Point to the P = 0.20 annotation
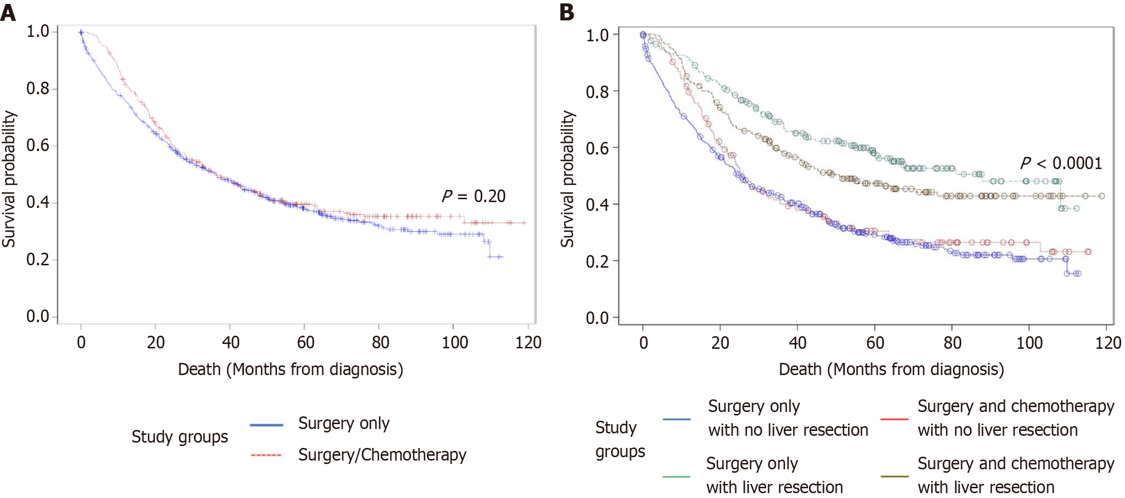tap(474, 196)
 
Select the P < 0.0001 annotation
tap(1061, 163)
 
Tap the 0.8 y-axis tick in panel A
tap(38, 88)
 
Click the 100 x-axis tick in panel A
tap(455, 343)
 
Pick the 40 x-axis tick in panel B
tap(797, 343)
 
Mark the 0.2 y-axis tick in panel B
tap(597, 261)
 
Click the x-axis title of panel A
tap(290, 370)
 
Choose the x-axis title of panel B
tap(891, 370)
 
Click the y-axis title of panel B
tap(567, 179)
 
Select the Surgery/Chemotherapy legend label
tap(382, 455)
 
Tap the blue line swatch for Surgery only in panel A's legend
tap(266, 425)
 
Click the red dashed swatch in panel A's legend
tap(266, 455)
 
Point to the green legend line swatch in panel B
tap(676, 477)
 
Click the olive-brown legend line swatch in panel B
tap(895, 477)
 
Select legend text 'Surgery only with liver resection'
tap(774, 475)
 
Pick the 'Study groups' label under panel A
tap(179, 437)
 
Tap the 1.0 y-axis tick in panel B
tap(597, 35)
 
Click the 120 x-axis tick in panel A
tap(528, 343)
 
